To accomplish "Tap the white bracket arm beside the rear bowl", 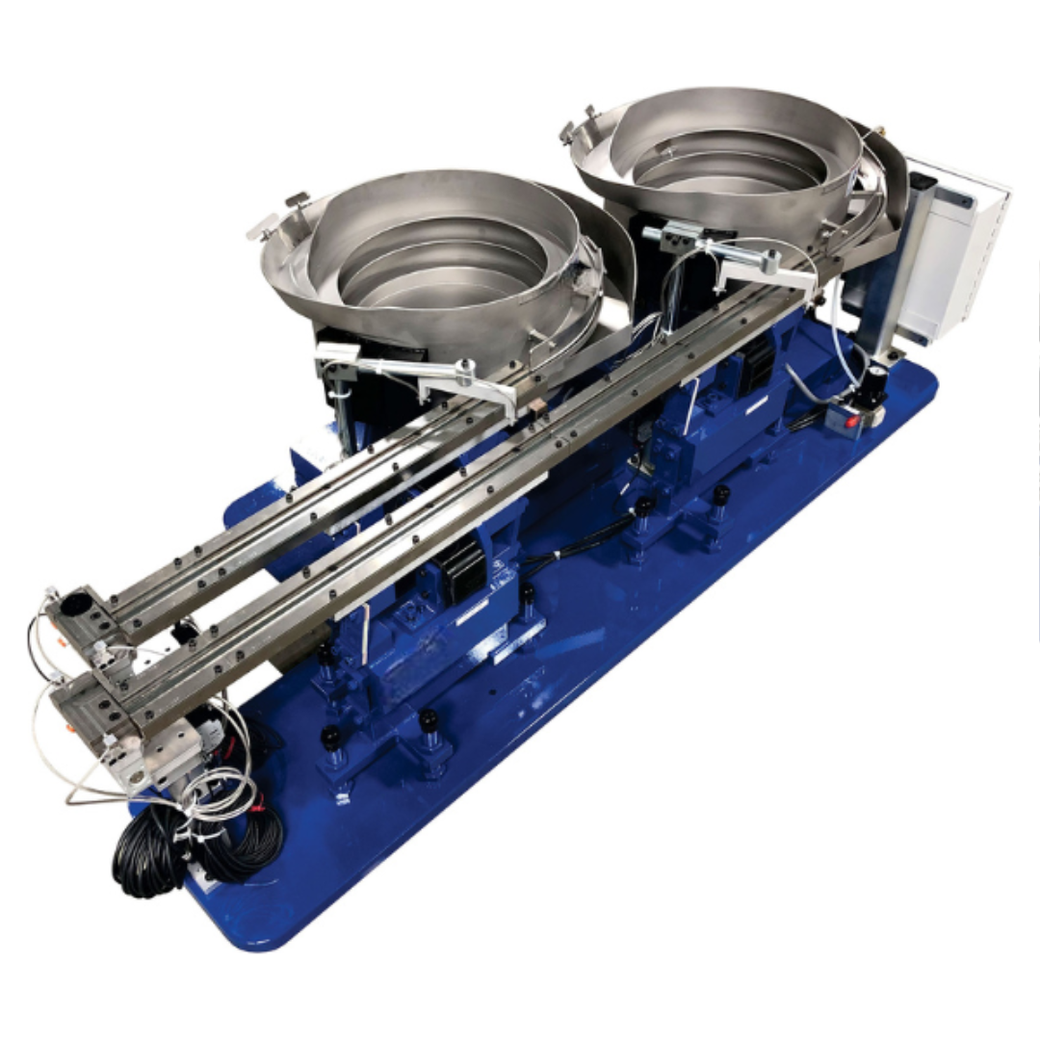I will tap(770, 274).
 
